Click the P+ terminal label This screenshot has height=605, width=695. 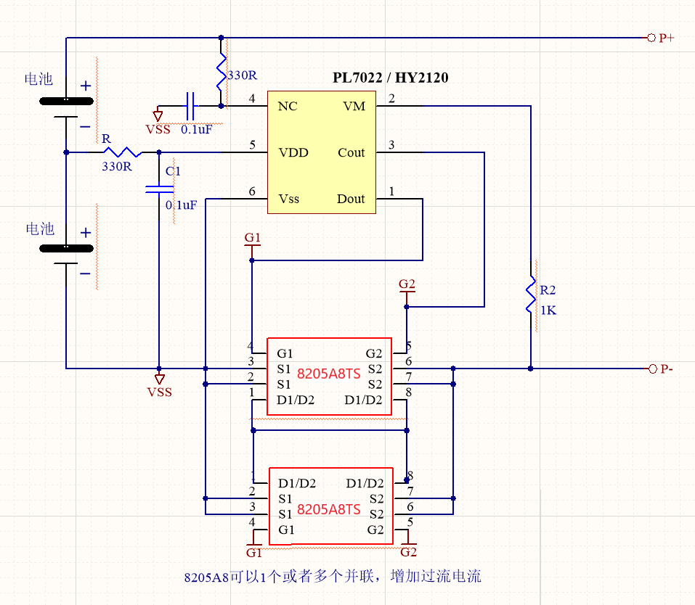click(666, 38)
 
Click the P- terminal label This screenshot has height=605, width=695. click(666, 369)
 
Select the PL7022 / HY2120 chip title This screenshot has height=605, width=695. click(390, 78)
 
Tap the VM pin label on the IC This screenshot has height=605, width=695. click(354, 107)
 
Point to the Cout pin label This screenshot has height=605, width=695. click(351, 153)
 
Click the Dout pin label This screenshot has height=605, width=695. click(351, 199)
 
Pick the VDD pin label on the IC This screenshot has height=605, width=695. click(293, 153)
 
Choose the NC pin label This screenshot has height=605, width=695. click(288, 107)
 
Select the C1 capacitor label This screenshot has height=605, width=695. click(173, 171)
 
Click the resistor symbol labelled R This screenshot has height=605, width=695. click(122, 152)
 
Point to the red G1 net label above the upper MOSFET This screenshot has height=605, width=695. click(252, 238)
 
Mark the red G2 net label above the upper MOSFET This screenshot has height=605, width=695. click(407, 284)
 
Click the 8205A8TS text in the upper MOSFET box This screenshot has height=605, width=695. click(329, 374)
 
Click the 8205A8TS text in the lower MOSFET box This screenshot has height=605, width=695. click(329, 509)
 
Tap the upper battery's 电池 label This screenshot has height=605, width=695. click(39, 79)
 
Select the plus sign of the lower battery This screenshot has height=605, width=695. click(86, 233)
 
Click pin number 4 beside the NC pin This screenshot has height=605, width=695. click(252, 99)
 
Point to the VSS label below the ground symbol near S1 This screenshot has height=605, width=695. click(160, 392)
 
